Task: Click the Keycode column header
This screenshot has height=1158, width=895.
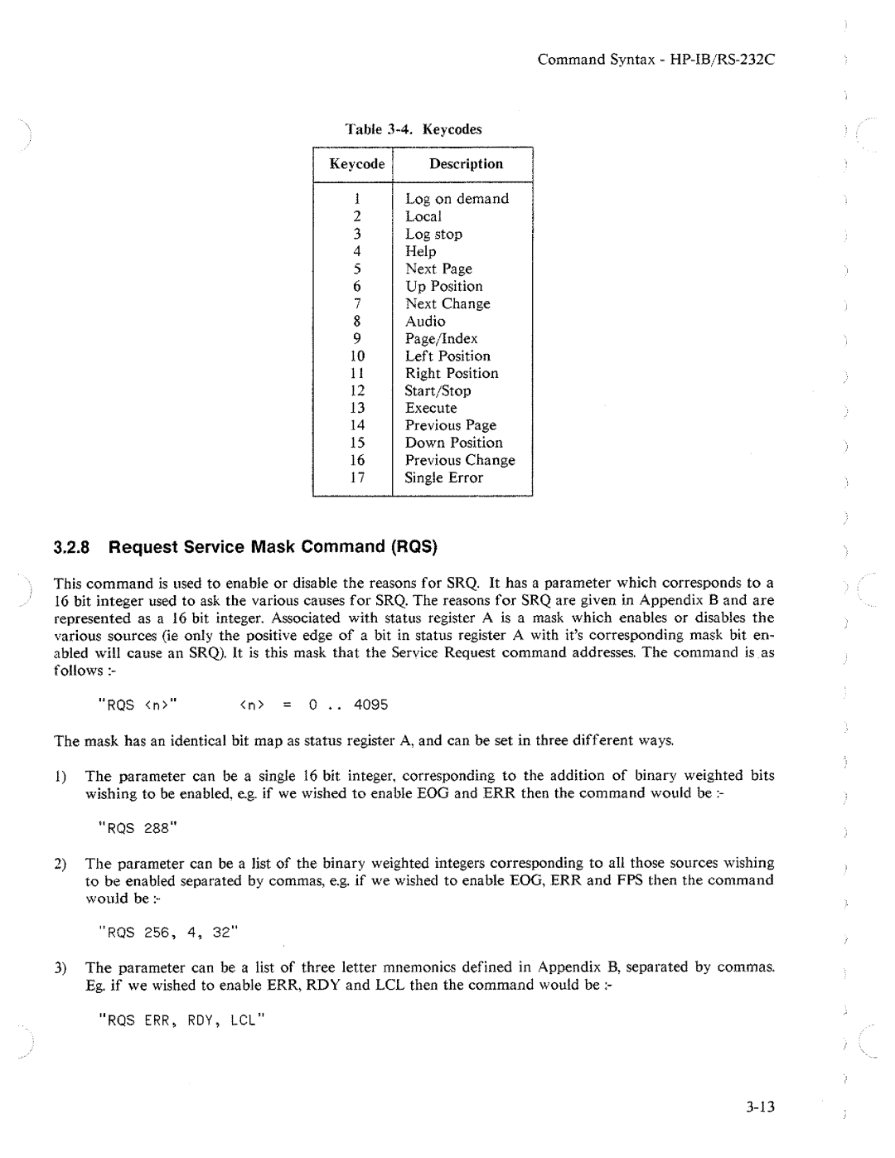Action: pyautogui.click(x=356, y=164)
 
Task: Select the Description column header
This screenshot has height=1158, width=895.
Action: pyautogui.click(x=466, y=164)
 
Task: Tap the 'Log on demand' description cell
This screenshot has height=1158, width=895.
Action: pyautogui.click(x=457, y=199)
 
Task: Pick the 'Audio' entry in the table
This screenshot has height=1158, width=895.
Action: pyautogui.click(x=425, y=322)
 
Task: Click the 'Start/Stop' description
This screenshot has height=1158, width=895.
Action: pyautogui.click(x=438, y=391)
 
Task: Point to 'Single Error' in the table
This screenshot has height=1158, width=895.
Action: pyautogui.click(x=443, y=478)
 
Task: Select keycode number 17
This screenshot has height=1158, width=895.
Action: pyautogui.click(x=357, y=478)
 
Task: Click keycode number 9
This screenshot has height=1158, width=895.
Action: pyautogui.click(x=357, y=339)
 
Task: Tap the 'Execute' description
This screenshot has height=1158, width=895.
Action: pyautogui.click(x=431, y=409)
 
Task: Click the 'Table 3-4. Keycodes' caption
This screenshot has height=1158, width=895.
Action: pyautogui.click(x=414, y=129)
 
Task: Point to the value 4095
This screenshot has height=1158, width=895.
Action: pyautogui.click(x=370, y=705)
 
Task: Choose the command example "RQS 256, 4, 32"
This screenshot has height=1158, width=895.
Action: pyautogui.click(x=167, y=933)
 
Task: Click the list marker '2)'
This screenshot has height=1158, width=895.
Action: pyautogui.click(x=60, y=864)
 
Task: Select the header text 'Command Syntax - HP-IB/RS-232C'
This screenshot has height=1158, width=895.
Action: pyautogui.click(x=656, y=60)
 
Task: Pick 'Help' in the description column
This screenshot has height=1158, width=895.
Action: pyautogui.click(x=420, y=252)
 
